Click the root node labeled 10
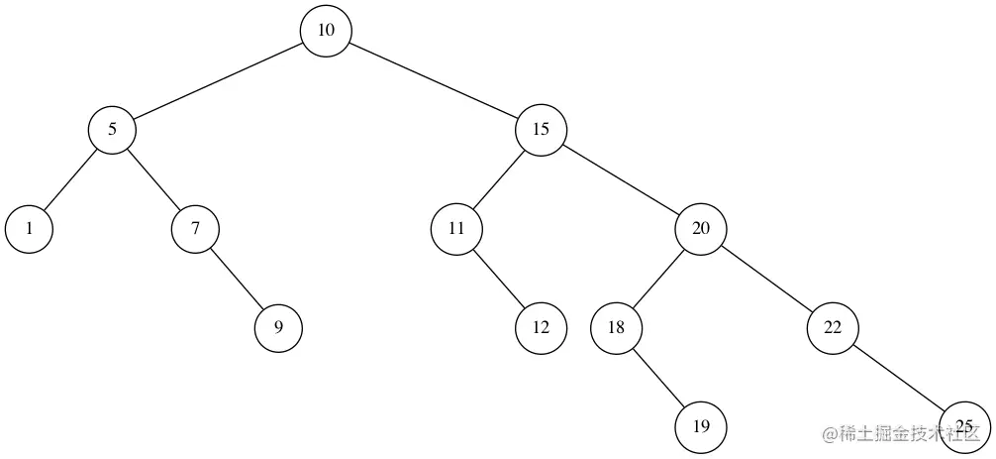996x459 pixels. pyautogui.click(x=327, y=31)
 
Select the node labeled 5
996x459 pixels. pyautogui.click(x=112, y=129)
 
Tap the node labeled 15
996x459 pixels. pyautogui.click(x=541, y=129)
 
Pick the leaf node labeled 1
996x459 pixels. pyautogui.click(x=29, y=228)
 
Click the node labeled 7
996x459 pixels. pyautogui.click(x=195, y=228)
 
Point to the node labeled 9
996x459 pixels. pyautogui.click(x=279, y=327)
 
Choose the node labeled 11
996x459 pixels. pyautogui.click(x=456, y=228)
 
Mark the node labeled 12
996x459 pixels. pyautogui.click(x=541, y=327)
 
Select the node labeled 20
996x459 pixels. pyautogui.click(x=701, y=228)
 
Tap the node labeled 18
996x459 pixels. pyautogui.click(x=617, y=327)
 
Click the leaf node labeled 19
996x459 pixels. pyautogui.click(x=701, y=427)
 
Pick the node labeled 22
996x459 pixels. pyautogui.click(x=833, y=327)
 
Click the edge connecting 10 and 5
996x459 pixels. pyautogui.click(x=219, y=80)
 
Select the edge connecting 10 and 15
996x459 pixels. pyautogui.click(x=434, y=80)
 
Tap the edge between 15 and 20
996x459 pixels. pyautogui.click(x=621, y=178)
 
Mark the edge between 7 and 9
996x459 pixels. pyautogui.click(x=238, y=278)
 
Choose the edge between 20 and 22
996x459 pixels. pyautogui.click(x=767, y=278)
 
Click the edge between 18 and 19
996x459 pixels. pyautogui.click(x=659, y=378)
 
